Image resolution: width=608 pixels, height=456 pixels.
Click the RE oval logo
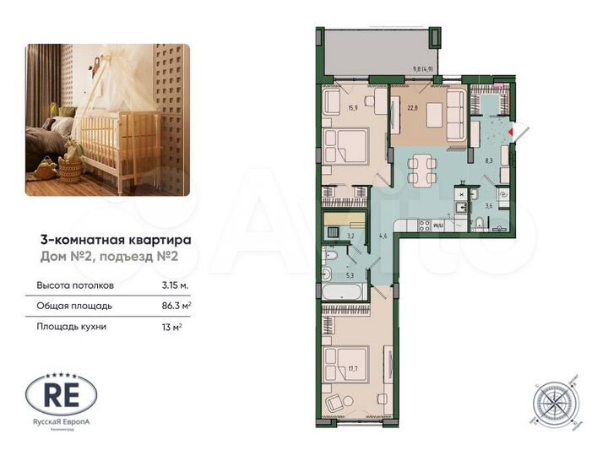pos(62,394)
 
